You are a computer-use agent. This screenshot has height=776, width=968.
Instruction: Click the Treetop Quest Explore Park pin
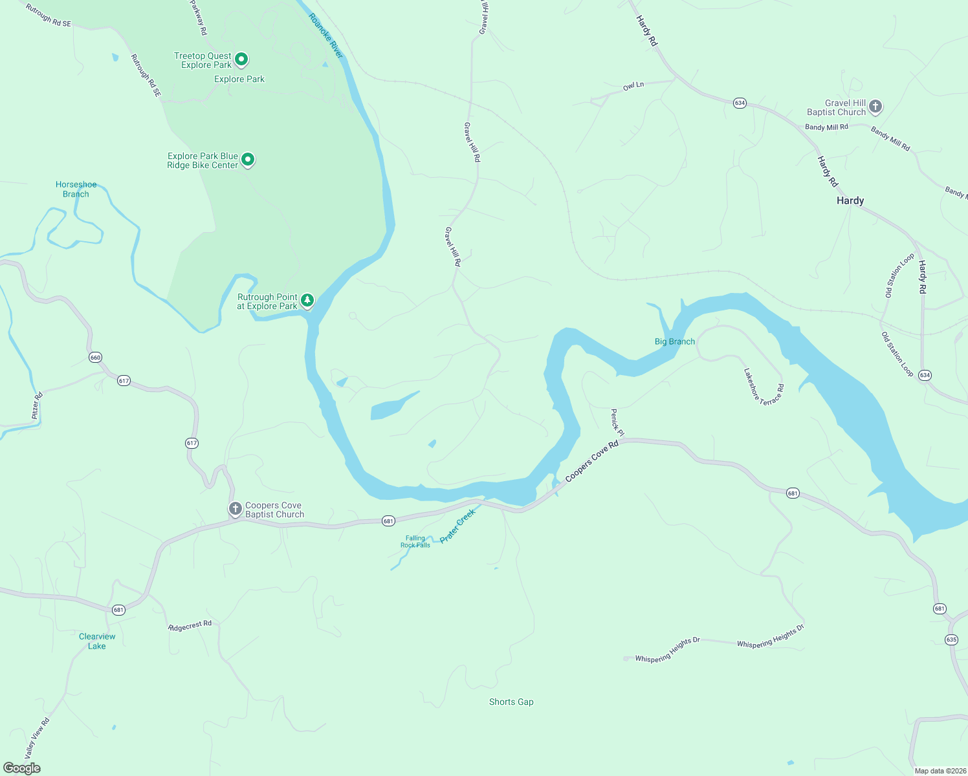click(x=241, y=60)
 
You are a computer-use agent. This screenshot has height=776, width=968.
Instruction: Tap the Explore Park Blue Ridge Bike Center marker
click(x=247, y=160)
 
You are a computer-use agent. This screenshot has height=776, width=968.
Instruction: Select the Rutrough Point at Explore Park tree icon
click(x=307, y=301)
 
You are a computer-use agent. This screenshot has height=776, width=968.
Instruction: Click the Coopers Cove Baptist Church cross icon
click(x=236, y=509)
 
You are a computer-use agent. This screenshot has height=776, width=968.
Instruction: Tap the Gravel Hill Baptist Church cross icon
click(x=875, y=107)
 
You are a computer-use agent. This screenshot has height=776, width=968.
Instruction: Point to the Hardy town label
click(x=850, y=201)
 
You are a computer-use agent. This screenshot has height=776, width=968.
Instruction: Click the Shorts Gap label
click(x=511, y=702)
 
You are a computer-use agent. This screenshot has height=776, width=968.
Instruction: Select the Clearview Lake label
click(x=97, y=641)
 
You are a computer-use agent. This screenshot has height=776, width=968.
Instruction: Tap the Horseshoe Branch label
click(x=76, y=189)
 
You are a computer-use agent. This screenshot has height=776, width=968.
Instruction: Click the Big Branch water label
click(x=674, y=341)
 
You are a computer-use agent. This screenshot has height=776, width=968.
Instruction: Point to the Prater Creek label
click(x=457, y=526)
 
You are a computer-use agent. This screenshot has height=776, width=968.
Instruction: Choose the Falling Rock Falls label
click(x=415, y=541)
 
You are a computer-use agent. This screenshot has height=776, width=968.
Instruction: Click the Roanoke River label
click(x=326, y=36)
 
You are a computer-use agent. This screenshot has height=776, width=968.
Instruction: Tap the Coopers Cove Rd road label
click(x=591, y=460)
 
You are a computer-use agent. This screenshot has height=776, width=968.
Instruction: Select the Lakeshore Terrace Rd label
click(x=764, y=387)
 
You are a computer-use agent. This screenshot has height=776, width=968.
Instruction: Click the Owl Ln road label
click(x=633, y=85)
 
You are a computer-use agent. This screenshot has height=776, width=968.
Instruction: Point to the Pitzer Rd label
click(x=38, y=405)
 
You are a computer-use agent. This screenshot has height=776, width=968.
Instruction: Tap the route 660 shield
click(x=96, y=358)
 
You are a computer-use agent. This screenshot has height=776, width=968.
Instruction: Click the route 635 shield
click(x=951, y=640)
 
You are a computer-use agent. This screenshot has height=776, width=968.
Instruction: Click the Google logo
click(x=22, y=768)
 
